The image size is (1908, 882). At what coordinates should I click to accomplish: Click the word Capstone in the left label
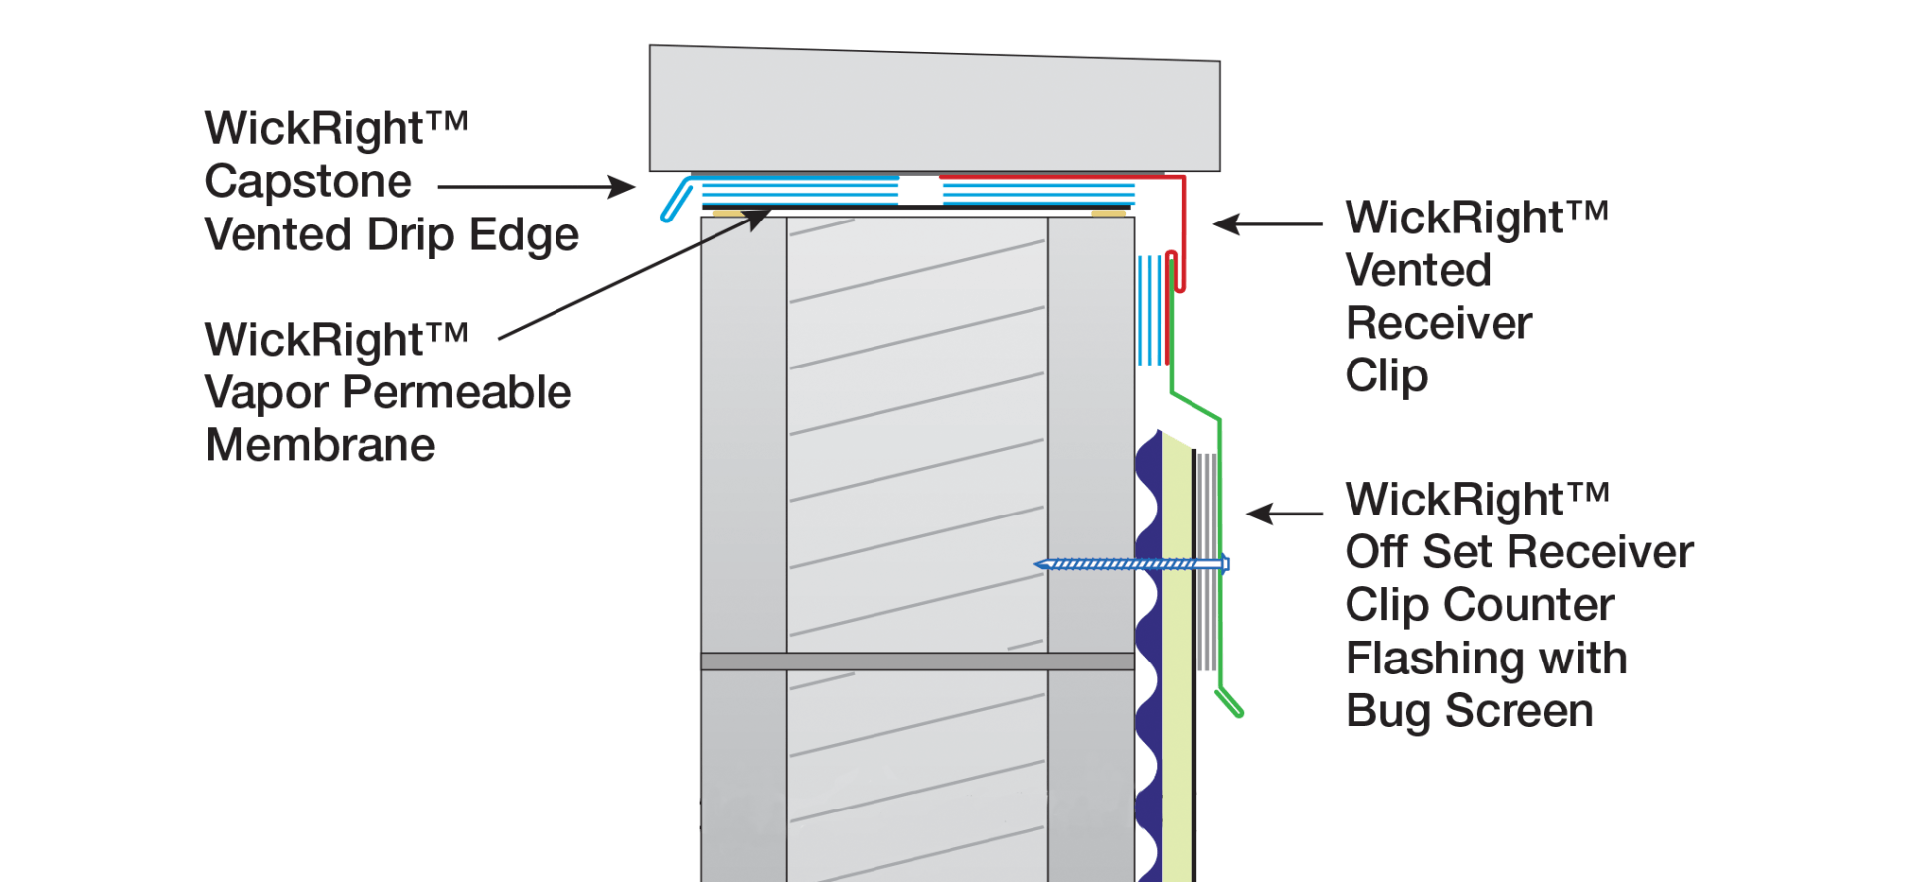click(308, 182)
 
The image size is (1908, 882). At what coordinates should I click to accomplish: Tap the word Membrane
click(320, 445)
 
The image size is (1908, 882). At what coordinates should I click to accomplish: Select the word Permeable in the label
click(457, 393)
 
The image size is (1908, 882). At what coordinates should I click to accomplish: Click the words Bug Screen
click(1469, 711)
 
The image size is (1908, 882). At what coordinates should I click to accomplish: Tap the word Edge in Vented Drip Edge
click(524, 235)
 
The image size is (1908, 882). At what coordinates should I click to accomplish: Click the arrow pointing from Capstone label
click(537, 186)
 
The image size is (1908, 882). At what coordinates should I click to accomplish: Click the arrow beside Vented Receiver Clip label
click(1267, 224)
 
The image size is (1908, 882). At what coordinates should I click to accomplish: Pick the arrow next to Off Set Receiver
click(1284, 514)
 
